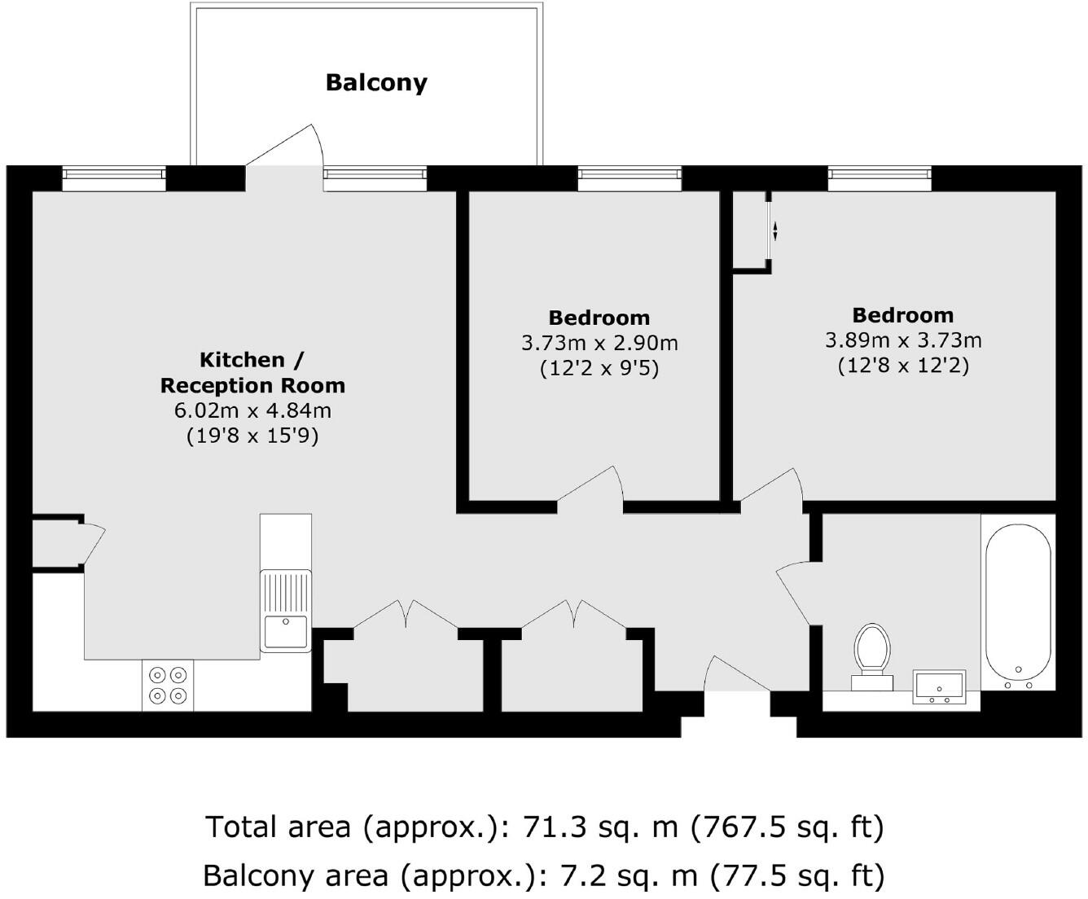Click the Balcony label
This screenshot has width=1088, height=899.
376,82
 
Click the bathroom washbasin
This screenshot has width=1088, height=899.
939,687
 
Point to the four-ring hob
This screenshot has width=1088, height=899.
168,685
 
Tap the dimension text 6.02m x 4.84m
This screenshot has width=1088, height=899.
252,410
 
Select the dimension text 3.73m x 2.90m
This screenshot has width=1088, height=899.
599,343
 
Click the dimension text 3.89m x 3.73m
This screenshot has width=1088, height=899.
903,340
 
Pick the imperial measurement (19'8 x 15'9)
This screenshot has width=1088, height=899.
252,436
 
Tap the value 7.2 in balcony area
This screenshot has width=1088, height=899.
581,875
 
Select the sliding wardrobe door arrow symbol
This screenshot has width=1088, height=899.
774,231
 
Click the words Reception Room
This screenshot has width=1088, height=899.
252,385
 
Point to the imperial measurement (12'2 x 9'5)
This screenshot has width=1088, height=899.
599,368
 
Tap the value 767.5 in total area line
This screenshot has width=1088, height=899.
748,827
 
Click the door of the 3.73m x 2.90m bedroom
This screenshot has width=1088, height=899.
590,487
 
